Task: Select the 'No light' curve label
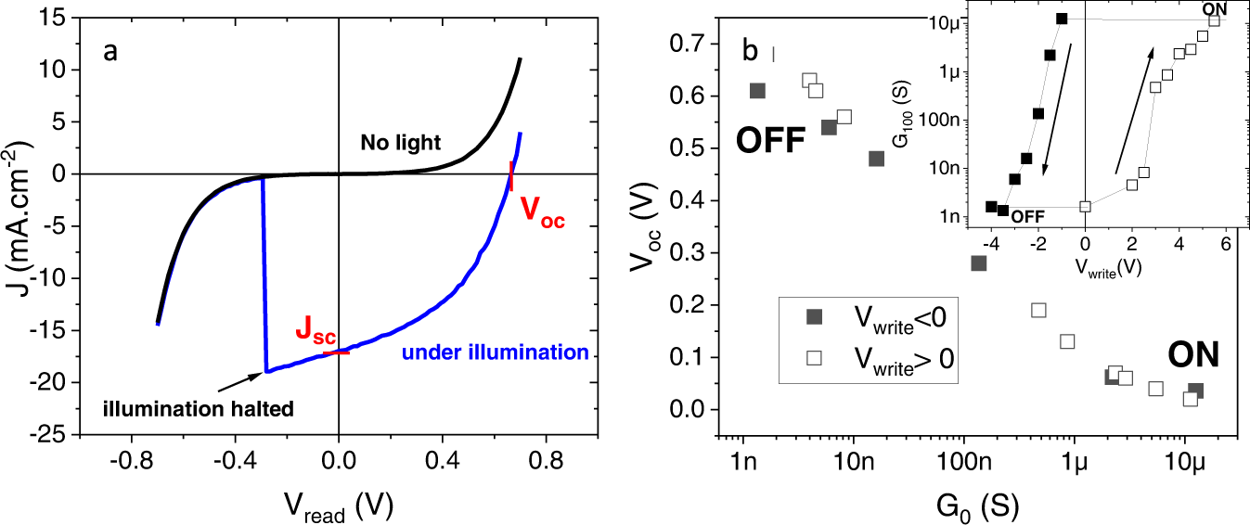click(x=401, y=142)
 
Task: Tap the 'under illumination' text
click(x=494, y=352)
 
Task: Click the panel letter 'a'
click(x=110, y=52)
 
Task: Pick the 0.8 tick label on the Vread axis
click(x=545, y=457)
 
